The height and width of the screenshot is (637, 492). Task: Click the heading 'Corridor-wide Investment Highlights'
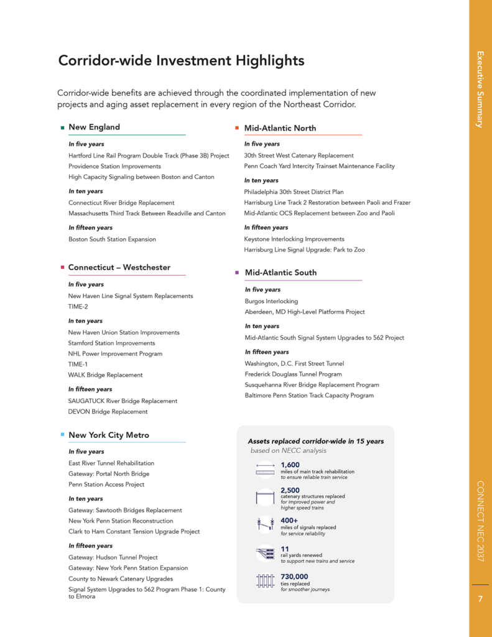tap(181, 61)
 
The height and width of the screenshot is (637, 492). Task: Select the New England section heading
tap(94, 127)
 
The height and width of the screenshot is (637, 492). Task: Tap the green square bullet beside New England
tap(62, 128)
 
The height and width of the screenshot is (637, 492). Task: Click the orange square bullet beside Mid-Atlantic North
tap(237, 128)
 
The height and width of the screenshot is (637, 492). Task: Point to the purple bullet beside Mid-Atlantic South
tap(237, 272)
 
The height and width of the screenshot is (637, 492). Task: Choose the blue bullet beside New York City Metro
tap(62, 435)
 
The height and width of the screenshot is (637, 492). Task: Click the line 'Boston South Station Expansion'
tap(112, 239)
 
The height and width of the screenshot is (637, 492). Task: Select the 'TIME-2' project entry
tap(78, 307)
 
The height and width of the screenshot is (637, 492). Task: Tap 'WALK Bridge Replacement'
tap(105, 375)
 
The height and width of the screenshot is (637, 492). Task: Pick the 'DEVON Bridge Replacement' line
tap(108, 412)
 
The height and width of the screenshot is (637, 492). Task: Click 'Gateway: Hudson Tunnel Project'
tap(113, 557)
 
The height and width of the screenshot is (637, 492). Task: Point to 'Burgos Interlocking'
tap(271, 301)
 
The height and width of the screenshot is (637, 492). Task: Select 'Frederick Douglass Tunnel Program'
tap(293, 374)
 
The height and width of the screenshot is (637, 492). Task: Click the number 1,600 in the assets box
tap(290, 465)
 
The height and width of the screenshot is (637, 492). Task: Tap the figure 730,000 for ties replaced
tap(294, 577)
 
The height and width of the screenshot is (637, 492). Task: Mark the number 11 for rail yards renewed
tap(285, 549)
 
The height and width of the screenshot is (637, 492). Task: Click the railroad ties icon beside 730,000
tap(265, 581)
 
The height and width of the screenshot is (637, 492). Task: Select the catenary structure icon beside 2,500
tap(265, 498)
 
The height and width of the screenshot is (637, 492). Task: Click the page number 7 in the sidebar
tap(480, 599)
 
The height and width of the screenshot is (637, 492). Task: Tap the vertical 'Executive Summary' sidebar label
tap(480, 90)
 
